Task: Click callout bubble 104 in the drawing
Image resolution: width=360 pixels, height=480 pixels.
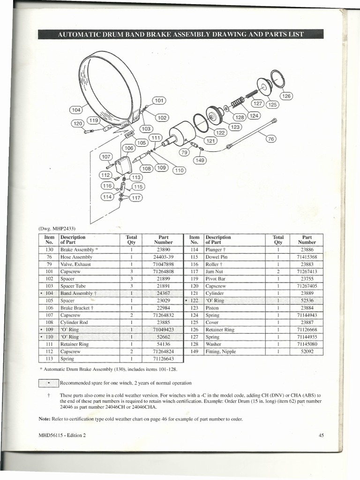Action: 76,110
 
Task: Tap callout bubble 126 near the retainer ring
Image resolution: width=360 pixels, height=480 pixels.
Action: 286,96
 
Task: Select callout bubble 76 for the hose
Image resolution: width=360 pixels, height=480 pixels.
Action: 271,138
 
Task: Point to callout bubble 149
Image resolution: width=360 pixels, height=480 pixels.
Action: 201,160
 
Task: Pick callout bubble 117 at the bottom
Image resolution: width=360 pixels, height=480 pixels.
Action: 136,197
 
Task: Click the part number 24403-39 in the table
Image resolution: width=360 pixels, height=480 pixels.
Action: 163,257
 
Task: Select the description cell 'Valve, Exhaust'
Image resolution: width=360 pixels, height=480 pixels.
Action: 75,264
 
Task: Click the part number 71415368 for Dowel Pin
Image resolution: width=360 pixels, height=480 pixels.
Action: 307,257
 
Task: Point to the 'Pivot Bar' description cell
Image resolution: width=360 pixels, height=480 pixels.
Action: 215,278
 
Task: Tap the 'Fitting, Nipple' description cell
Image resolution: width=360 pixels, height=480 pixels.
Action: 220,351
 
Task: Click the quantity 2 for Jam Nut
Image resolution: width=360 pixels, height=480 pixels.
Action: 278,271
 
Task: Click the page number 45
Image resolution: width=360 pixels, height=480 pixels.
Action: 321,435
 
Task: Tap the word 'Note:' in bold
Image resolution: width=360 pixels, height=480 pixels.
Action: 45,419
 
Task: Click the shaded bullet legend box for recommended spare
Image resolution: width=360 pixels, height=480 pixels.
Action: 49,382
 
